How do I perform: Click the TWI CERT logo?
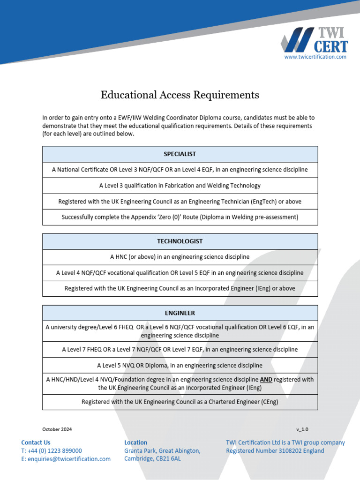click(x=315, y=40)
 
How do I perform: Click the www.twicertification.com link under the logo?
click(x=315, y=57)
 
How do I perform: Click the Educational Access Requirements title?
click(x=180, y=95)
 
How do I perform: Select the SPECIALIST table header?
click(x=180, y=154)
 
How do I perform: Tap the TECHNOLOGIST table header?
click(x=180, y=241)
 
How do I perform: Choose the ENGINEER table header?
click(x=180, y=313)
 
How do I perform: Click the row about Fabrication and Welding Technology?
click(x=180, y=186)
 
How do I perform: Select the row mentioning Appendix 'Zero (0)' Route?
click(x=180, y=217)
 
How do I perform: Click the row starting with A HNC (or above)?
click(x=180, y=257)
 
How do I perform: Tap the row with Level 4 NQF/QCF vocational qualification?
click(x=180, y=273)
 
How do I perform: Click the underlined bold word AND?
click(x=266, y=379)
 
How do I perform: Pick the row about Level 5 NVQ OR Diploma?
click(x=180, y=365)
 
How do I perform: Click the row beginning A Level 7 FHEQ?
click(x=180, y=349)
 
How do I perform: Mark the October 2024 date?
click(x=57, y=429)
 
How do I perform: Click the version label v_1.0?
click(x=302, y=429)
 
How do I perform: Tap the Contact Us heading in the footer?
click(x=36, y=442)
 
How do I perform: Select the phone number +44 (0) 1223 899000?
click(x=54, y=450)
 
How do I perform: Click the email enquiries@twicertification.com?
click(x=69, y=459)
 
